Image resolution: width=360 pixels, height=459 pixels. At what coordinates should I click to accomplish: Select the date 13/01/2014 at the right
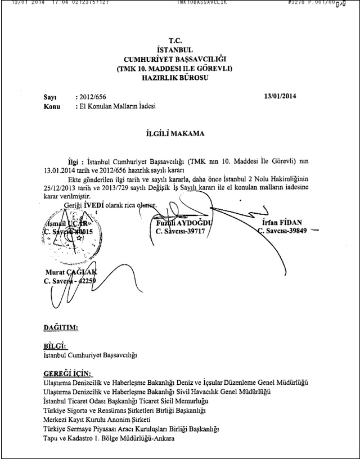point(280,96)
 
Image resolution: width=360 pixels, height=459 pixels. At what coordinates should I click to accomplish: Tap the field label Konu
point(52,105)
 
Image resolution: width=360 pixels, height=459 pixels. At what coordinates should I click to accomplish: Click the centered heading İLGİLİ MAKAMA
point(179,134)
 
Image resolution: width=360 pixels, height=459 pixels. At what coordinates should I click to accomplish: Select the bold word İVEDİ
point(89,205)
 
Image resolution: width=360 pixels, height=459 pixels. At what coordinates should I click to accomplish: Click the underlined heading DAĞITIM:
point(61,326)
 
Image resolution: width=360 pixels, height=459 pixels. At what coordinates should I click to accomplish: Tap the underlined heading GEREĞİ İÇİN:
point(67,373)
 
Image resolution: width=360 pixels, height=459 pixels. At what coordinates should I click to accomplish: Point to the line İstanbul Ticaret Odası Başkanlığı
point(125,400)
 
